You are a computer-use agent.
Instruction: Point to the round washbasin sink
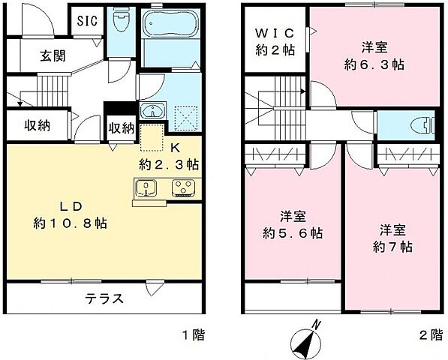[x=154, y=112]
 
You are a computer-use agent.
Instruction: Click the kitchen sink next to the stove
[x=144, y=187]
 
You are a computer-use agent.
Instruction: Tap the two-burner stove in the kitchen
[x=182, y=187]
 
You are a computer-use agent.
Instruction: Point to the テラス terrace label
[x=101, y=298]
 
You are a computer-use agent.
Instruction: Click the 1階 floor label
[x=192, y=336]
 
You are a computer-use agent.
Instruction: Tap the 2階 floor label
[x=431, y=336]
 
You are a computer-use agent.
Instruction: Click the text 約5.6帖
[x=293, y=233]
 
